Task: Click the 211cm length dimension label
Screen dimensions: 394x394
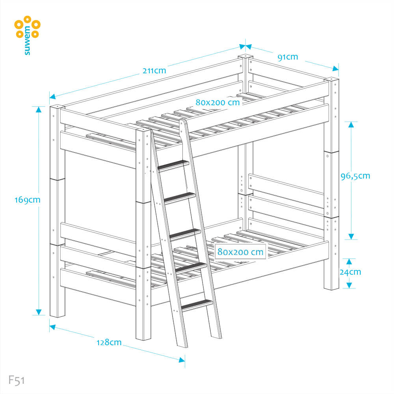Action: [x=154, y=71]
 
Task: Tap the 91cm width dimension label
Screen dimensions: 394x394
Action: [x=288, y=57]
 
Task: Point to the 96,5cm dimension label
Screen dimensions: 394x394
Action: [x=355, y=176]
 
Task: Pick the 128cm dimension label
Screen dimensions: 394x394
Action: [x=109, y=342]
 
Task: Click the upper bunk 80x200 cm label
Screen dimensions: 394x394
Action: [x=218, y=102]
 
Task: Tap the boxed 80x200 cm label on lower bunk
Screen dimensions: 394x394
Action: [x=240, y=252]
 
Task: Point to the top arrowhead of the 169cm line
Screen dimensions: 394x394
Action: [x=39, y=110]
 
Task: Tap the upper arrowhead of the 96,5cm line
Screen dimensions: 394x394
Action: [x=351, y=125]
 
